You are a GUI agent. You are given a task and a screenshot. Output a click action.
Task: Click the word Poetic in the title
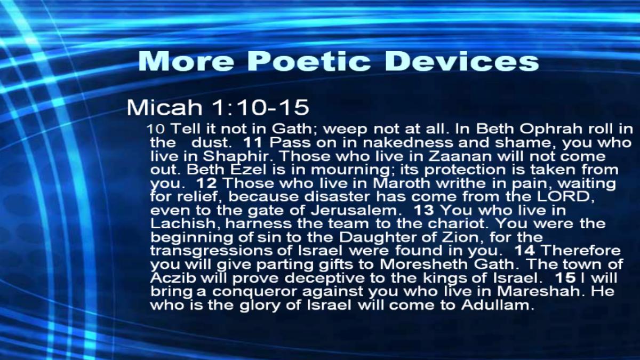point(309,61)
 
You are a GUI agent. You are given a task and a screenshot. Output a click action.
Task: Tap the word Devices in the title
point(463,61)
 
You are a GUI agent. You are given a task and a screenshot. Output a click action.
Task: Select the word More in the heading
point(186,61)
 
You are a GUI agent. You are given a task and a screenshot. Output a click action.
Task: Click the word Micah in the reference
point(164,107)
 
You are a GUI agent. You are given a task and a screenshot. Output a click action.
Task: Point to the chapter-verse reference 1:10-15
point(260,107)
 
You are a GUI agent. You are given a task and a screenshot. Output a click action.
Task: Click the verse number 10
point(156,129)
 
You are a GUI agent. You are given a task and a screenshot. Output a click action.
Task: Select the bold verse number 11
point(253,142)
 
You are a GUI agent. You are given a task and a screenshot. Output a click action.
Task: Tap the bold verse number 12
point(206,183)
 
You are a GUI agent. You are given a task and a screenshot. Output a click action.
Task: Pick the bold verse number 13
point(423,210)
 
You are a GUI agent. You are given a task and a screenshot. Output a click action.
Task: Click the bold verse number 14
point(525,251)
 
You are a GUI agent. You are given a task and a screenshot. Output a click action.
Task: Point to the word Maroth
point(402,183)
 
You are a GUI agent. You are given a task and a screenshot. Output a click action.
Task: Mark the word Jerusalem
point(354,210)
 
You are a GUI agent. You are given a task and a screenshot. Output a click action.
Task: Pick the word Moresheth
point(423,264)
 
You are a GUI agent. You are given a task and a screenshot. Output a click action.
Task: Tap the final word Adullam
point(498,305)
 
